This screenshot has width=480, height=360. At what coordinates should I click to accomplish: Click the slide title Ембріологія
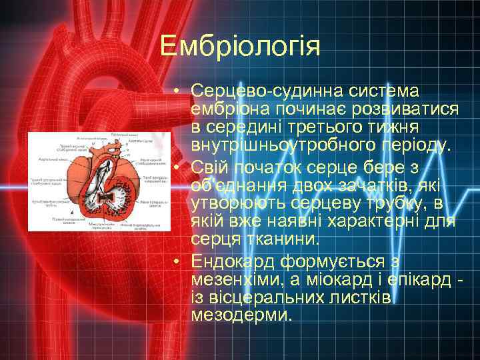(x=241, y=47)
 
